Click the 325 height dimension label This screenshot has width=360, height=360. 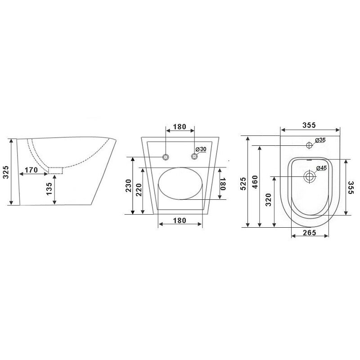point(6,172)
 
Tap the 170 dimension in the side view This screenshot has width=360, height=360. point(31,170)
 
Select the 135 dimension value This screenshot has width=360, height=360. point(49,189)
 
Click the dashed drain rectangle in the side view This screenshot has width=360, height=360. point(55,171)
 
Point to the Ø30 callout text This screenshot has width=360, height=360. point(201,149)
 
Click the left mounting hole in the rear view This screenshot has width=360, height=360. point(166,157)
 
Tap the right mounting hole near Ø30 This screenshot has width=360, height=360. point(194,157)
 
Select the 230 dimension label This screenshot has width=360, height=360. point(128,185)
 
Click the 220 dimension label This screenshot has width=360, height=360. point(139,189)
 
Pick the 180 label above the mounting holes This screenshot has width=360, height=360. point(180,127)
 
